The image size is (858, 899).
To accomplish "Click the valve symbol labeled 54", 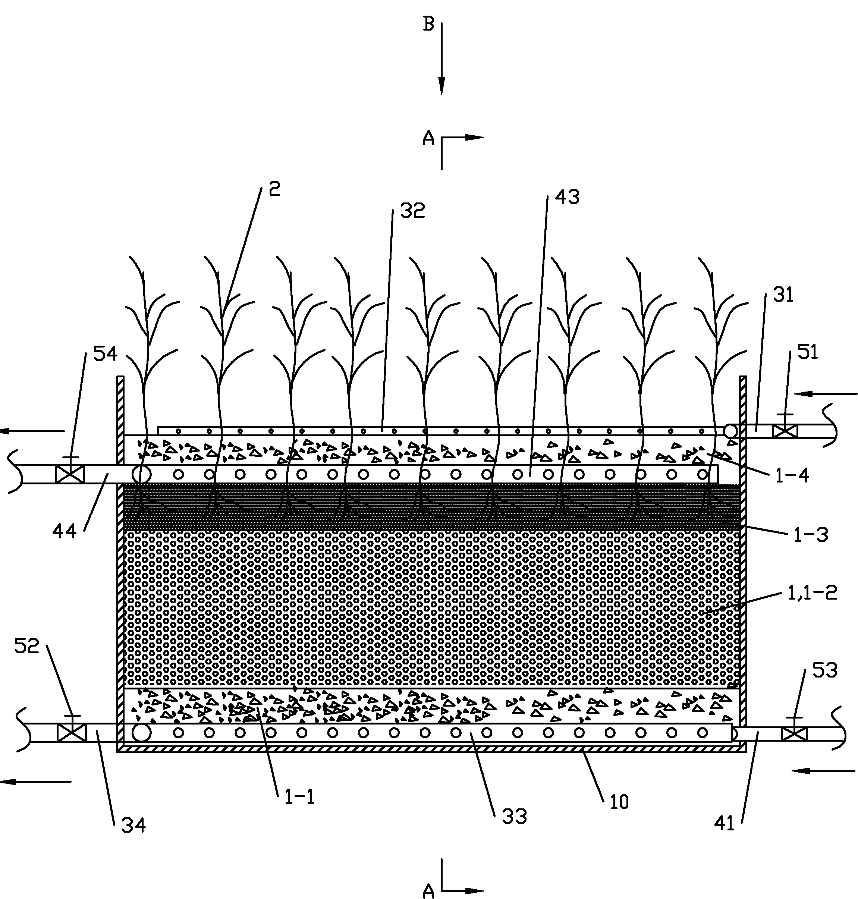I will click(69, 474).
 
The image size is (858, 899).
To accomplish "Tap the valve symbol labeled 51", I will click(785, 431).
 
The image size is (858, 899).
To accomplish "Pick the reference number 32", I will click(412, 211).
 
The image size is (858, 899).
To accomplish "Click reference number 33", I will click(514, 816).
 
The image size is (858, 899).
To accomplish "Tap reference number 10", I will click(619, 802).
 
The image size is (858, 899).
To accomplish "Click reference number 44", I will click(65, 531).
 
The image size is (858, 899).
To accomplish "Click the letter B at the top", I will click(428, 24).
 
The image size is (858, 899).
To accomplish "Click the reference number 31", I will click(783, 295).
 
